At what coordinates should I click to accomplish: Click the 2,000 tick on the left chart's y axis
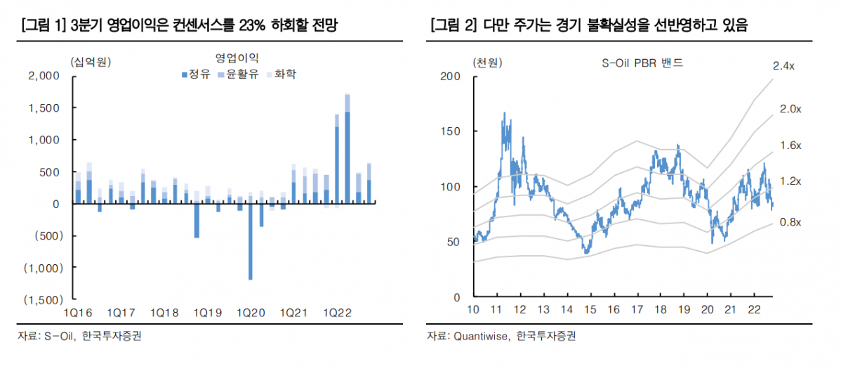[46, 76]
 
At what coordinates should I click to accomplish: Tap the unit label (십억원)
[91, 61]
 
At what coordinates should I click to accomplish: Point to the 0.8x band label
[790, 222]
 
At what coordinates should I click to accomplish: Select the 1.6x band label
[790, 145]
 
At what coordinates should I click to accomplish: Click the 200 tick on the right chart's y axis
[451, 76]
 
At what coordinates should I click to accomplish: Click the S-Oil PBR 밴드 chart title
[642, 63]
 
